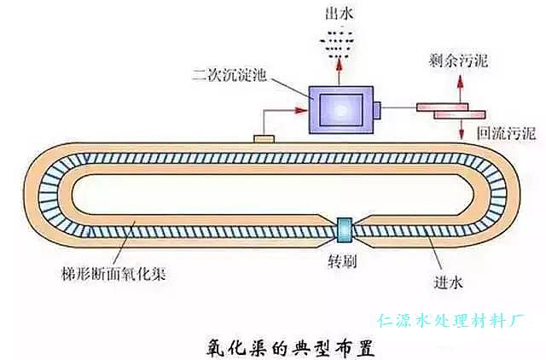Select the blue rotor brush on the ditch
coord(346,229)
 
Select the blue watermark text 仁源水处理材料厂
coord(451,321)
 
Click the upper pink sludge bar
coord(444,107)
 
